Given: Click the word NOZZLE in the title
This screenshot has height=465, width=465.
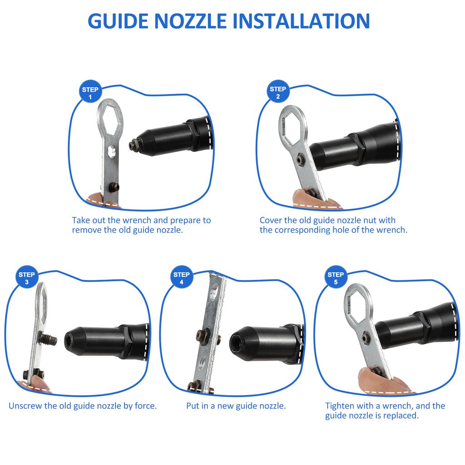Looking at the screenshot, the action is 190,21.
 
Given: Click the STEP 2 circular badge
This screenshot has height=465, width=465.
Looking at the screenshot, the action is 278,91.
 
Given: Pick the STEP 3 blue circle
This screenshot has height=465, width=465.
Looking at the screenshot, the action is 27,277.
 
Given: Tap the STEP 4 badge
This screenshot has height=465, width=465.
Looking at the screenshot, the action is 182,277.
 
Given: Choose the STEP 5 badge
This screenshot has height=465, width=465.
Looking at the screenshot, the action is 336,277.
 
